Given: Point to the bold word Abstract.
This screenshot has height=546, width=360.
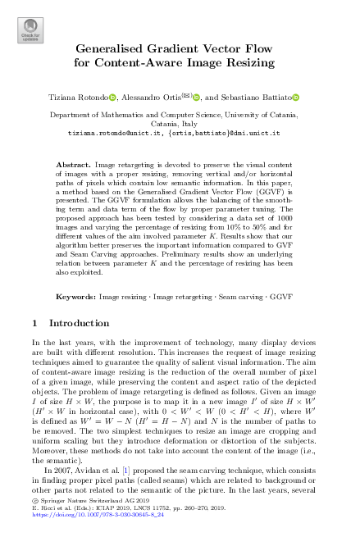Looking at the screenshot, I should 74,165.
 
